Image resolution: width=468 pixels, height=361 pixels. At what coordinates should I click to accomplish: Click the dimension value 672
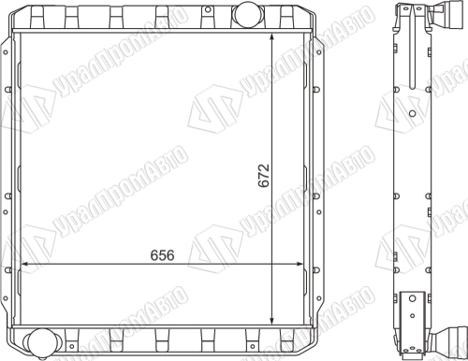click(264, 175)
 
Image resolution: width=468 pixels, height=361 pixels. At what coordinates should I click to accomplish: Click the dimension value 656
click(162, 255)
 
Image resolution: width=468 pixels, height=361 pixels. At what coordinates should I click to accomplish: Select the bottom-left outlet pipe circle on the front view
click(39, 342)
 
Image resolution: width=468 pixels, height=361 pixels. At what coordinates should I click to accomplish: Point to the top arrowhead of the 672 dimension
click(272, 36)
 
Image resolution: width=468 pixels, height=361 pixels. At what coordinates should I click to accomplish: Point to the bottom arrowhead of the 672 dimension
click(272, 320)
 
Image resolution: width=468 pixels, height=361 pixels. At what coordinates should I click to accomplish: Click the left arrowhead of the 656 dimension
click(24, 265)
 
